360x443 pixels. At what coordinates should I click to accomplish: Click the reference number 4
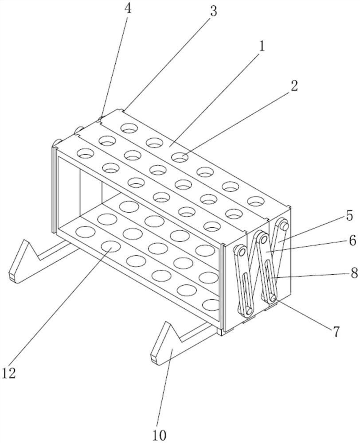(x=128, y=9)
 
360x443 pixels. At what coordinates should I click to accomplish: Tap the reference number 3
(x=214, y=12)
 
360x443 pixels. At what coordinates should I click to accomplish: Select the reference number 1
(x=262, y=46)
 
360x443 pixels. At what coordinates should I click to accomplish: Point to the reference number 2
(x=294, y=86)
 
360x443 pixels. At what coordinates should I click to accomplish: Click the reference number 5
(x=349, y=216)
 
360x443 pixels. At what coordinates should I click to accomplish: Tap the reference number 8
(x=354, y=273)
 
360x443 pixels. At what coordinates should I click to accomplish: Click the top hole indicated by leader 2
(x=180, y=157)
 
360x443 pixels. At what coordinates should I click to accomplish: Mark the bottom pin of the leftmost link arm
(x=248, y=311)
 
